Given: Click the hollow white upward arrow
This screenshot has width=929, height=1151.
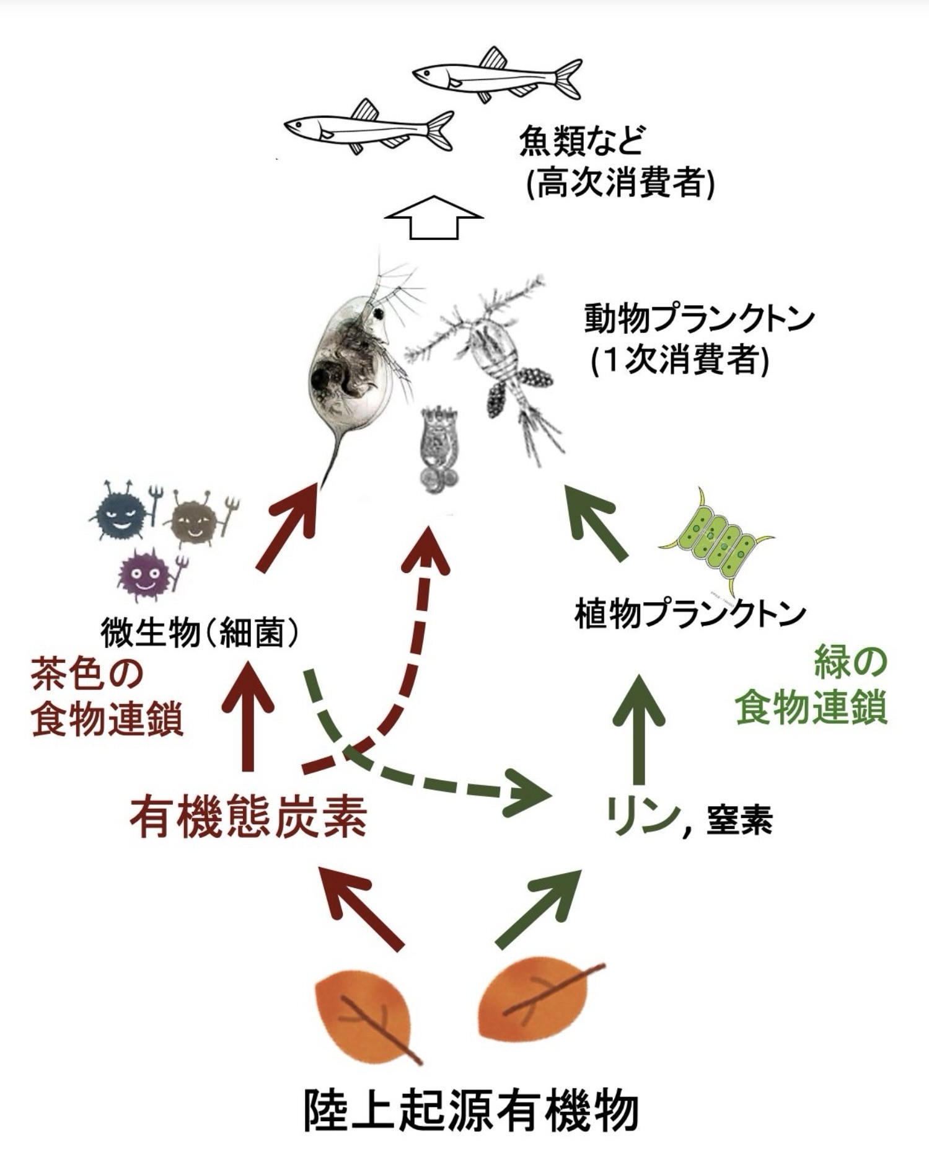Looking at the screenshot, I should [x=433, y=217].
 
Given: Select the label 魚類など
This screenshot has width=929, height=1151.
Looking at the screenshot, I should [x=583, y=141].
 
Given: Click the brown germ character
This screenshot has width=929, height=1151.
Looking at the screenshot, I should [x=194, y=517].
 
